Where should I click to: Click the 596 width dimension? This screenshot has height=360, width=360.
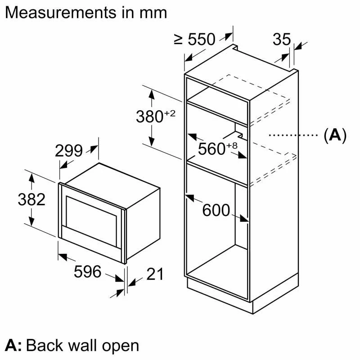[88, 272]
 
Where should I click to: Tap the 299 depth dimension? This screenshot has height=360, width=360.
[69, 151]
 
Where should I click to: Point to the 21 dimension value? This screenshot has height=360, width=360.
[154, 274]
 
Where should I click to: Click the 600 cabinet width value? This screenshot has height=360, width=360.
[216, 210]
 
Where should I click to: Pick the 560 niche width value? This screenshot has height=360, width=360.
[211, 149]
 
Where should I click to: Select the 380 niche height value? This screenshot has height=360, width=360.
[149, 117]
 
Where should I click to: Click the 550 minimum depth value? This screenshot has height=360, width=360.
[201, 40]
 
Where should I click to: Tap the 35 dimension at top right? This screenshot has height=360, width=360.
[282, 40]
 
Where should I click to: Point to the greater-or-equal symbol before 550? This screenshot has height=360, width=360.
[179, 40]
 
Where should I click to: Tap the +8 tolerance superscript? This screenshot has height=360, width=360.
[232, 145]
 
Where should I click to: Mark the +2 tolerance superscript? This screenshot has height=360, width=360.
[169, 113]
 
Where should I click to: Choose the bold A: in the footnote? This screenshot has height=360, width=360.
[13, 345]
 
